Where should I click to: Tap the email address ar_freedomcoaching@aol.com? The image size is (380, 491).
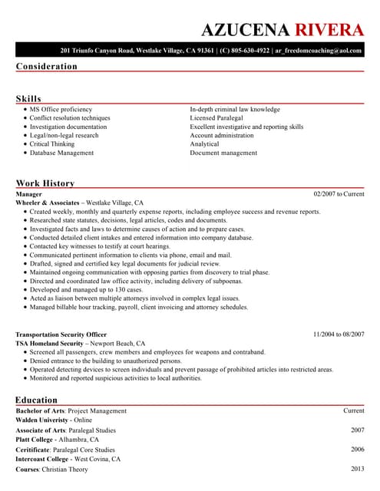(x=319, y=50)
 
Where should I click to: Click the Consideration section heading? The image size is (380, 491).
(x=47, y=66)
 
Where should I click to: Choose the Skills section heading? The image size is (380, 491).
(x=28, y=99)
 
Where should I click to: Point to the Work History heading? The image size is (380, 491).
(x=45, y=183)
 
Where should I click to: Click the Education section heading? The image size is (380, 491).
(x=36, y=400)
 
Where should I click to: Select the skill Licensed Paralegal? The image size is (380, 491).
(x=216, y=118)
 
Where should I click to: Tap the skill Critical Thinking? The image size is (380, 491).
(x=52, y=143)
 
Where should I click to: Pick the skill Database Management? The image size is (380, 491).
(x=61, y=153)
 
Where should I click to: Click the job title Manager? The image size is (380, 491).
(x=29, y=194)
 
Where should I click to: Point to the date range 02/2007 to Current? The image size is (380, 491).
(x=339, y=194)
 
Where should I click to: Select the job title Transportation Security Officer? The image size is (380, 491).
(x=61, y=334)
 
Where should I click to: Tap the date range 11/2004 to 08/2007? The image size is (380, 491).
(x=339, y=334)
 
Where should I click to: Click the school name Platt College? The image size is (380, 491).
(x=35, y=440)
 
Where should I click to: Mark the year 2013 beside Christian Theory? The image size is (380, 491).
(x=357, y=468)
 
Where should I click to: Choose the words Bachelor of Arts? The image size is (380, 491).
(x=41, y=411)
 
